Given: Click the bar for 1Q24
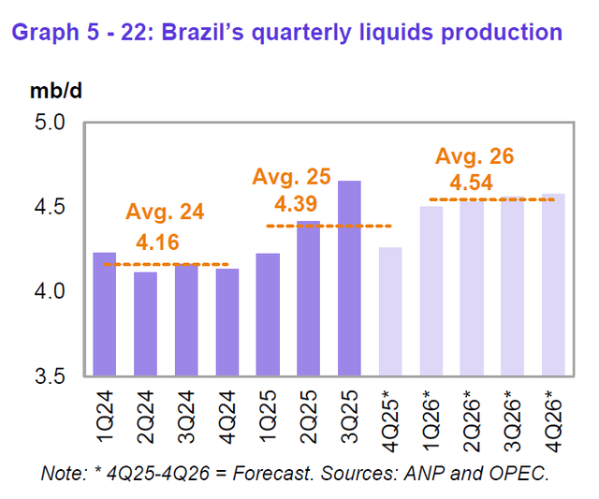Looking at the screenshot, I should [x=105, y=314].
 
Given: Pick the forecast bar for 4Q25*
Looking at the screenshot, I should [x=391, y=311].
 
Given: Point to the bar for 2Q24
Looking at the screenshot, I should [x=146, y=323].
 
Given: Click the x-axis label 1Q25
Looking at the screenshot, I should [x=269, y=411].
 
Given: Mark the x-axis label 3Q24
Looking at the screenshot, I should [x=187, y=411].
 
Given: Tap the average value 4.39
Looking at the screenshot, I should [x=296, y=202].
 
